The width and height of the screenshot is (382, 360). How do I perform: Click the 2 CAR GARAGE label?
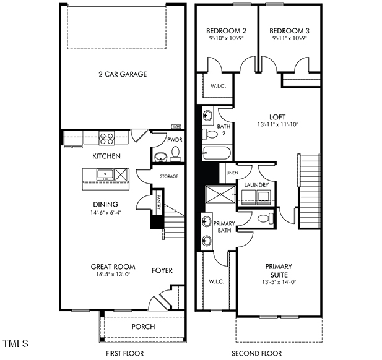pos(122,74)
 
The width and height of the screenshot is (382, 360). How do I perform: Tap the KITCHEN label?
pos(106,156)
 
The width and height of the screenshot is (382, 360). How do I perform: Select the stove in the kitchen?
pos(106,138)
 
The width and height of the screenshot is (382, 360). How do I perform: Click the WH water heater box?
pos(175,127)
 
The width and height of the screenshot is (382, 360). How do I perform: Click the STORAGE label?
pos(168,176)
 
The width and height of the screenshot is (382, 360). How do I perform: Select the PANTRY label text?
pos(158,202)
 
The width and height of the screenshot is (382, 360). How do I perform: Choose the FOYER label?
pos(162,270)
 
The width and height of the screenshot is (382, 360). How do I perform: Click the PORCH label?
pos(143,327)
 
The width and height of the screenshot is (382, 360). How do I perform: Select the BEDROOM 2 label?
pos(227,30)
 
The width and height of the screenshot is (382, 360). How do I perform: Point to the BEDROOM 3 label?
pos(289,30)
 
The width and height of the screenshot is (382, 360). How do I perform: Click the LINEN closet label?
pos(232,173)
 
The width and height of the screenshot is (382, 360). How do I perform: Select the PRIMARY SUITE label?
pos(279,270)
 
